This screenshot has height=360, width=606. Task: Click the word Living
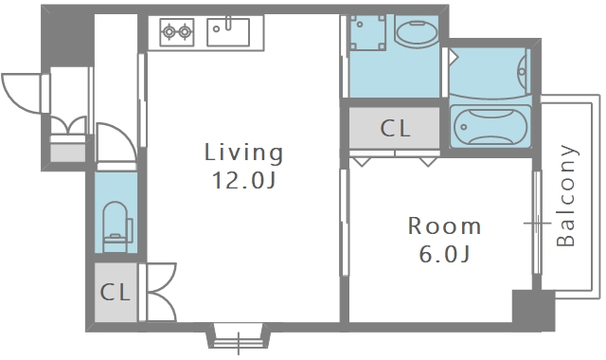pyautogui.click(x=243, y=153)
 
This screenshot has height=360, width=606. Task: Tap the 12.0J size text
pyautogui.click(x=244, y=180)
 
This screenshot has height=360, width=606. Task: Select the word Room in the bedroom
pyautogui.click(x=444, y=225)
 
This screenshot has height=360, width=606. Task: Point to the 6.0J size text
pyautogui.click(x=444, y=254)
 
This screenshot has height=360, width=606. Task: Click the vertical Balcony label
pyautogui.click(x=566, y=196)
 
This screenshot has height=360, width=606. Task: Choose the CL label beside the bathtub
pyautogui.click(x=394, y=129)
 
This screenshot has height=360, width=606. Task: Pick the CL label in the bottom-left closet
pyautogui.click(x=115, y=293)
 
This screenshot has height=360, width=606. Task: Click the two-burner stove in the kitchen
pyautogui.click(x=177, y=32)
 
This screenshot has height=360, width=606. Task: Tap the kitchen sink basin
pyautogui.click(x=228, y=32)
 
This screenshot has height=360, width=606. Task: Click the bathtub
pyautogui.click(x=490, y=126)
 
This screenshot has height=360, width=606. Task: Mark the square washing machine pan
pyautogui.click(x=367, y=32)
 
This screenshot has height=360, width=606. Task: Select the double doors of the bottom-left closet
pyautogui.click(x=162, y=293)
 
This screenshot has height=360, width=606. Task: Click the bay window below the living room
pyautogui.click(x=238, y=336)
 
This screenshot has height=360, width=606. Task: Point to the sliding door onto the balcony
pyautogui.click(x=537, y=223)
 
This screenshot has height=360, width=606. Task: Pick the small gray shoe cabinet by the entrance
pyautogui.click(x=68, y=153)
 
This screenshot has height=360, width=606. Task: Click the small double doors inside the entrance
pyautogui.click(x=68, y=124)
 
